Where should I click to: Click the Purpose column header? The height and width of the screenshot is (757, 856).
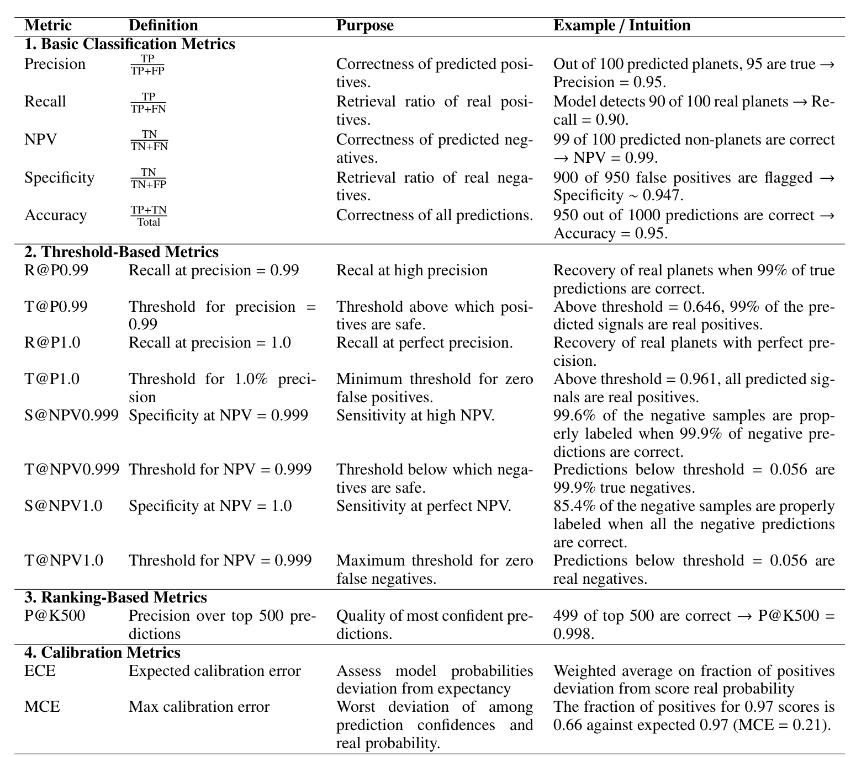click(x=364, y=25)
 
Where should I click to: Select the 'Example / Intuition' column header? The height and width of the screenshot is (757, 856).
click(x=622, y=25)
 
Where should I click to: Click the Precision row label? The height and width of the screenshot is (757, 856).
click(x=55, y=64)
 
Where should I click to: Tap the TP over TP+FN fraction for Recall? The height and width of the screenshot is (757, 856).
click(x=148, y=103)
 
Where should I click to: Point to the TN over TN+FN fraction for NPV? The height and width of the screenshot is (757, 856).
click(x=149, y=140)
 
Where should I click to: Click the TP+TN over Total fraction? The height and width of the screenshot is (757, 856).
click(x=149, y=216)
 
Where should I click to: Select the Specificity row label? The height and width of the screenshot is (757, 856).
click(x=59, y=178)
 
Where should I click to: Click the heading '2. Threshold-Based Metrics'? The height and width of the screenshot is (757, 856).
click(x=121, y=252)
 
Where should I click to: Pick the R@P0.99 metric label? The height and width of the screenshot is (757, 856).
click(x=56, y=270)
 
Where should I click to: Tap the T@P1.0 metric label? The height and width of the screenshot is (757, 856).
click(x=52, y=379)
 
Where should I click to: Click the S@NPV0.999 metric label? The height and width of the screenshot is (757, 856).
click(x=71, y=415)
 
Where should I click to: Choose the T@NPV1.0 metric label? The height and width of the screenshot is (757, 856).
click(x=64, y=561)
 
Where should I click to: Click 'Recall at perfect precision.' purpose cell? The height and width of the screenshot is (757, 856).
click(x=424, y=343)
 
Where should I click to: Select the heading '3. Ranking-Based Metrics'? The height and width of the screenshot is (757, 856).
click(x=115, y=598)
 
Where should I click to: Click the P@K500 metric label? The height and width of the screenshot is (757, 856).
click(x=55, y=616)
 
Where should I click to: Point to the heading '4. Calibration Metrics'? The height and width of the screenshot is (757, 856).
click(x=102, y=653)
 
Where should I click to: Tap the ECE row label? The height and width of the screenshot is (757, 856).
click(x=40, y=671)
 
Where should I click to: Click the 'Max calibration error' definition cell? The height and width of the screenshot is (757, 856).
click(x=199, y=707)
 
